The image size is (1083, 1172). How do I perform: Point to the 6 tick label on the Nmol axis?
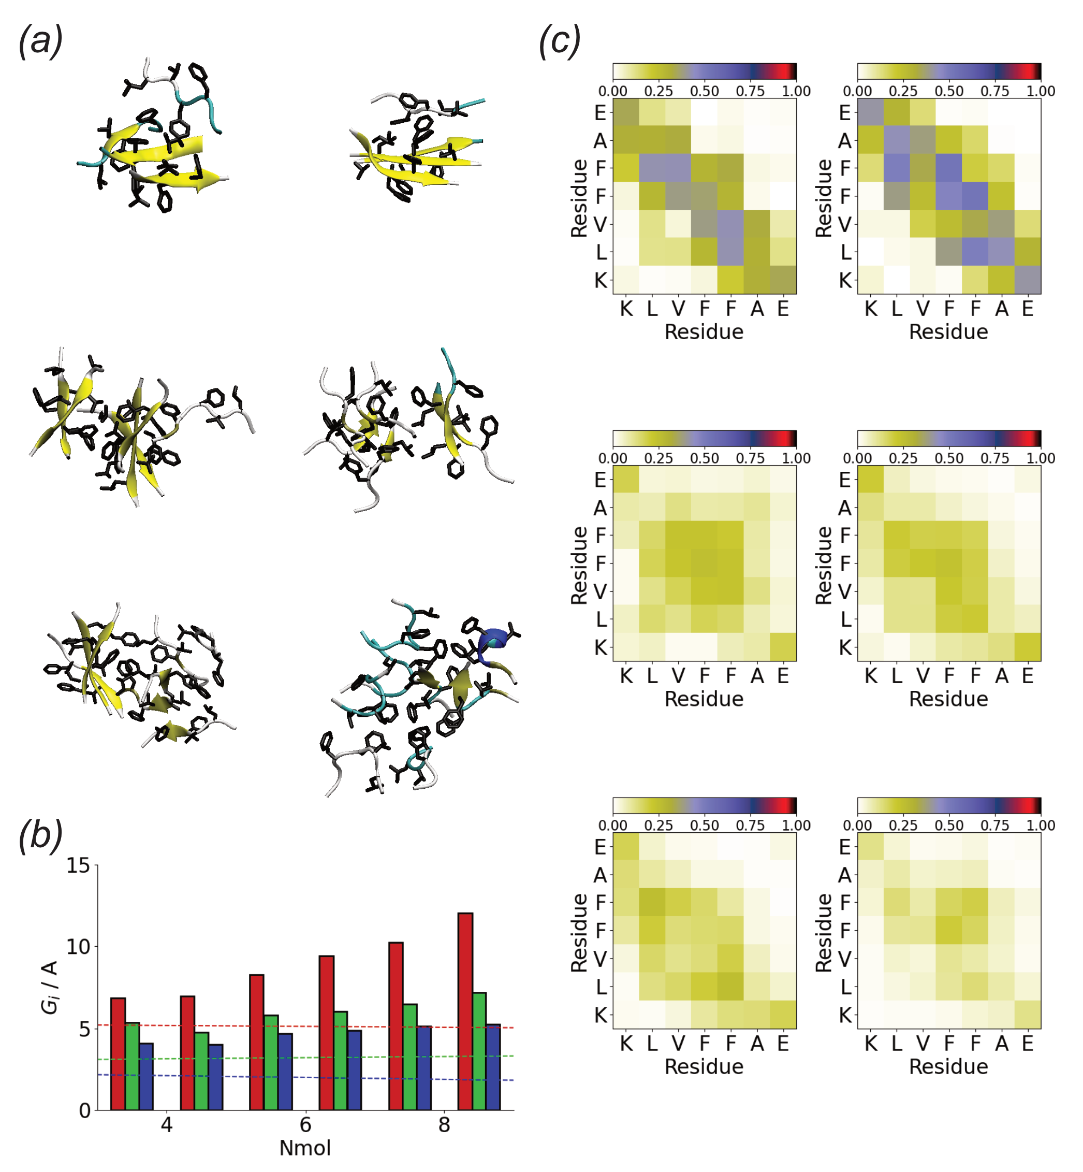(x=305, y=1124)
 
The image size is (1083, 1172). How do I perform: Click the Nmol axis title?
(x=305, y=1148)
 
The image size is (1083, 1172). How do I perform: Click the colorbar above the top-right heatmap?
(x=949, y=71)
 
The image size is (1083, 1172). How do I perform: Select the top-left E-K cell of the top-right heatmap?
(x=870, y=112)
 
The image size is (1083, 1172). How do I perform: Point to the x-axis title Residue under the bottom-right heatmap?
(x=948, y=1066)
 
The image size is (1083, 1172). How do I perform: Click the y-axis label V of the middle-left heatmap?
(x=600, y=591)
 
